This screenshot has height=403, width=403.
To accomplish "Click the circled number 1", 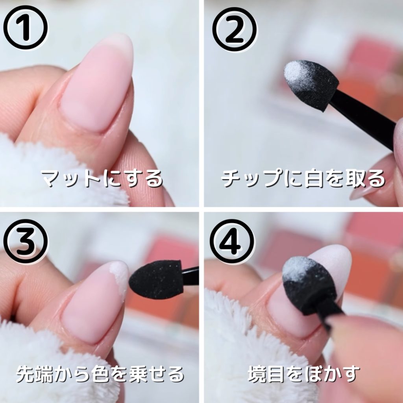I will [25, 27].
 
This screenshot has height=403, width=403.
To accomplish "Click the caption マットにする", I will [102, 179].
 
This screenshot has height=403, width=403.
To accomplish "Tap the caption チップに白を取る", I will [303, 179].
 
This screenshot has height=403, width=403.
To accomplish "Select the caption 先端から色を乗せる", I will [100, 374].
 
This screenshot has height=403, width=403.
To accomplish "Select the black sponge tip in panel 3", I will [155, 279].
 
